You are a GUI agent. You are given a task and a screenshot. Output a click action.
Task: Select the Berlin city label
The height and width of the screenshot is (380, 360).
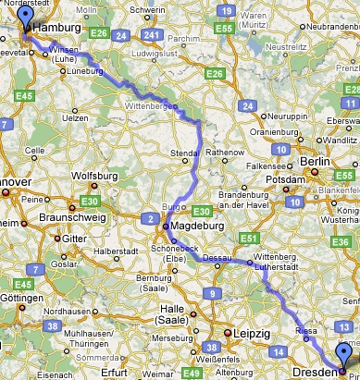coord(316,161)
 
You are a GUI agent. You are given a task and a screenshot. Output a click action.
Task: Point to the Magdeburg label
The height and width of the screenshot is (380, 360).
coord(196,227)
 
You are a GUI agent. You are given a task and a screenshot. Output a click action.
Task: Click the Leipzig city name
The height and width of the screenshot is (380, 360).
coord(252,332)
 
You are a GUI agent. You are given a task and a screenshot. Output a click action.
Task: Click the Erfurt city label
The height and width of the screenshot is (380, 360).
coord(115,373)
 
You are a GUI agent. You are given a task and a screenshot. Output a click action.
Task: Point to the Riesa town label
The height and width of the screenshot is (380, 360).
coord(307,328)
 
